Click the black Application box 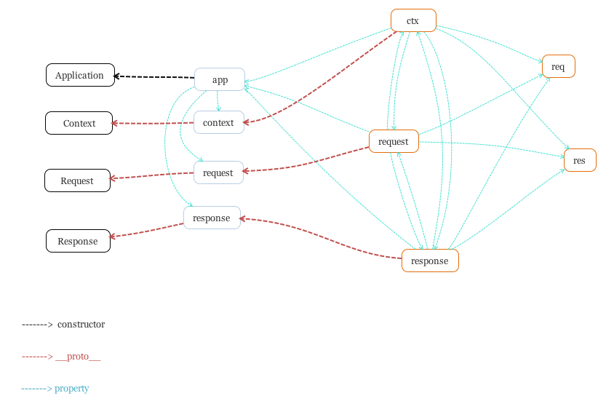click(80, 75)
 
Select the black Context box click(79, 123)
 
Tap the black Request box click(77, 180)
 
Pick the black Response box click(78, 241)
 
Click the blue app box click(220, 79)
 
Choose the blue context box click(218, 122)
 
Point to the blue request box click(218, 172)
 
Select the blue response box click(212, 218)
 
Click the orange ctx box click(413, 20)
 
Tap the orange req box click(558, 66)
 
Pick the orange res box click(579, 160)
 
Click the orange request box click(394, 141)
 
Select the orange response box click(430, 261)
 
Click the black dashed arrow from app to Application click(154, 76)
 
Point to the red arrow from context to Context click(153, 123)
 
